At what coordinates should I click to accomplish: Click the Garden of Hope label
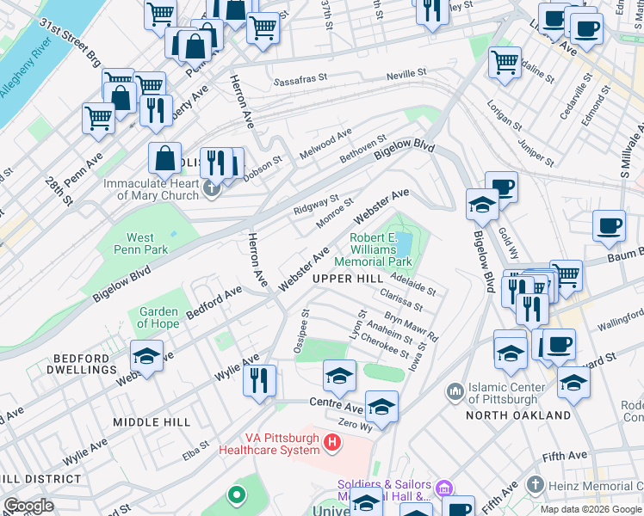click(x=158, y=317)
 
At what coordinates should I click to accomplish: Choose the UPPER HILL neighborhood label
click(x=348, y=279)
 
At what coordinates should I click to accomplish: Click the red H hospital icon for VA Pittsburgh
click(x=334, y=444)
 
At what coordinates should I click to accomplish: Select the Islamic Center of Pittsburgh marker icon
click(x=455, y=392)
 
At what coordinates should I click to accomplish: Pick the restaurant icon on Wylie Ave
click(x=259, y=378)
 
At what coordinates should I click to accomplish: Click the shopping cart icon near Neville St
click(x=505, y=61)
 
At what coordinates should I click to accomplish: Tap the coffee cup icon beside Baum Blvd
click(x=609, y=226)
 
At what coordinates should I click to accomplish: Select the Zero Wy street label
click(x=355, y=426)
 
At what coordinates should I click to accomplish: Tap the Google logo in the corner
click(x=28, y=507)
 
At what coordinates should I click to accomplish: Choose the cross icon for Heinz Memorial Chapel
click(x=536, y=486)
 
